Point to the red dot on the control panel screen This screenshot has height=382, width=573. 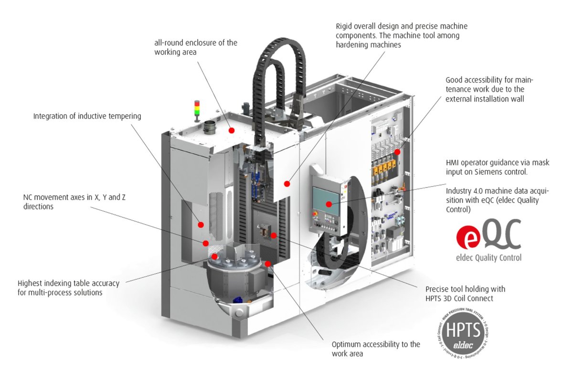(329, 204)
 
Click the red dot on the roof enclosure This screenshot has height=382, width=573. (232, 130)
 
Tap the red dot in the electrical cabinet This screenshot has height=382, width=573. (397, 151)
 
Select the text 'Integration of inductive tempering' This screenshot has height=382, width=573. (87, 116)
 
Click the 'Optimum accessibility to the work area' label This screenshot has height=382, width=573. (376, 349)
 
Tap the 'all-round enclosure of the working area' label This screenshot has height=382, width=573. (195, 47)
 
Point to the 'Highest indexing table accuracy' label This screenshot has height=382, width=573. (68, 287)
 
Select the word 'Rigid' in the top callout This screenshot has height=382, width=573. (345, 26)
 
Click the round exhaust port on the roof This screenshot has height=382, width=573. (210, 128)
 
